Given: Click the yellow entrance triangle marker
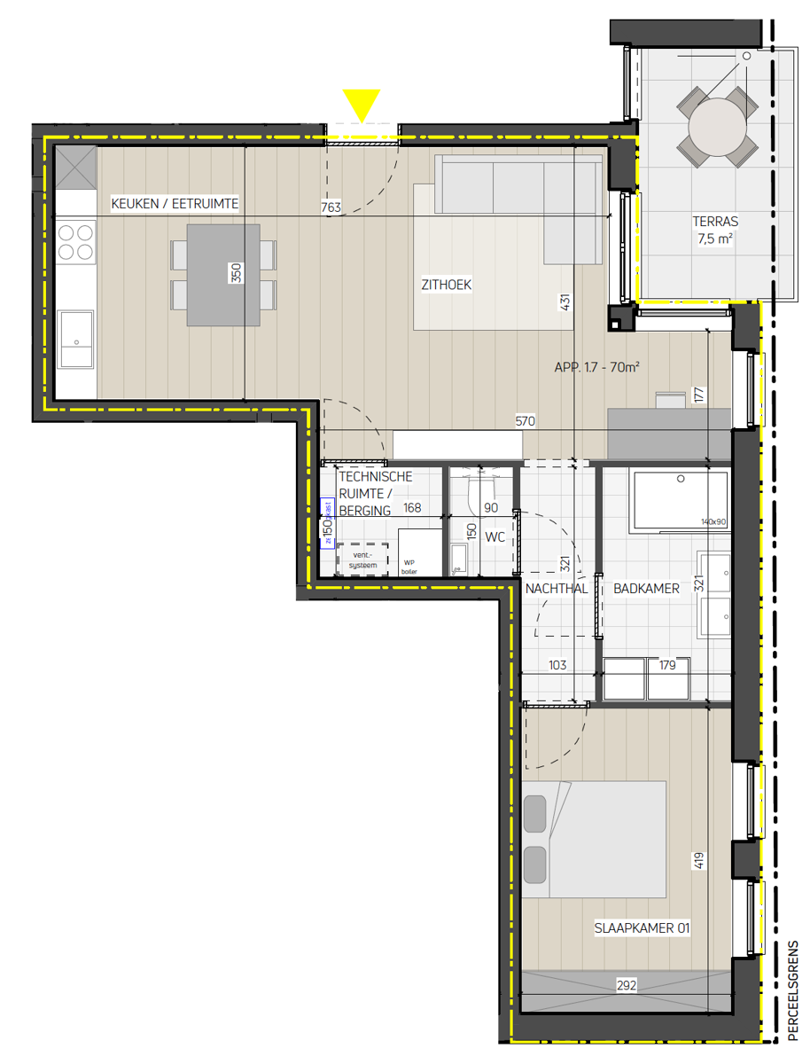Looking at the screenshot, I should (x=362, y=104).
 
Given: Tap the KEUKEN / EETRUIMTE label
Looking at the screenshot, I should (x=175, y=204).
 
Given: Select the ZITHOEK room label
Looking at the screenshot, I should (x=446, y=285).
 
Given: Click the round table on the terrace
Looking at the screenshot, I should (x=717, y=126).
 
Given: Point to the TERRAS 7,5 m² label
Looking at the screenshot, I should (x=717, y=230).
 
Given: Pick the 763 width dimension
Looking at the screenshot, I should (x=331, y=208).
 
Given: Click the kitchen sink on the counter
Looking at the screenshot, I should (x=75, y=339).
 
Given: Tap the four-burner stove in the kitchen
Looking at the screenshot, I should (x=75, y=242).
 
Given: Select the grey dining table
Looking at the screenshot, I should (x=223, y=275).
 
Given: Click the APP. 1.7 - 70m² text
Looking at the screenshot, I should (x=597, y=365).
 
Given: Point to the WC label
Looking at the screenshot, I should (x=495, y=536).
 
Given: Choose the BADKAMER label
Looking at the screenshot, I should (x=646, y=588).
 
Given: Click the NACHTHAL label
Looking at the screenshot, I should (x=556, y=588).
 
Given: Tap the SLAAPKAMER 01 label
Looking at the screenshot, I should (x=643, y=928).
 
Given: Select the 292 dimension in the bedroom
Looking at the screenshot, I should (x=627, y=984).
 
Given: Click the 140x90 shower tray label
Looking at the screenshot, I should (x=713, y=522).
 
